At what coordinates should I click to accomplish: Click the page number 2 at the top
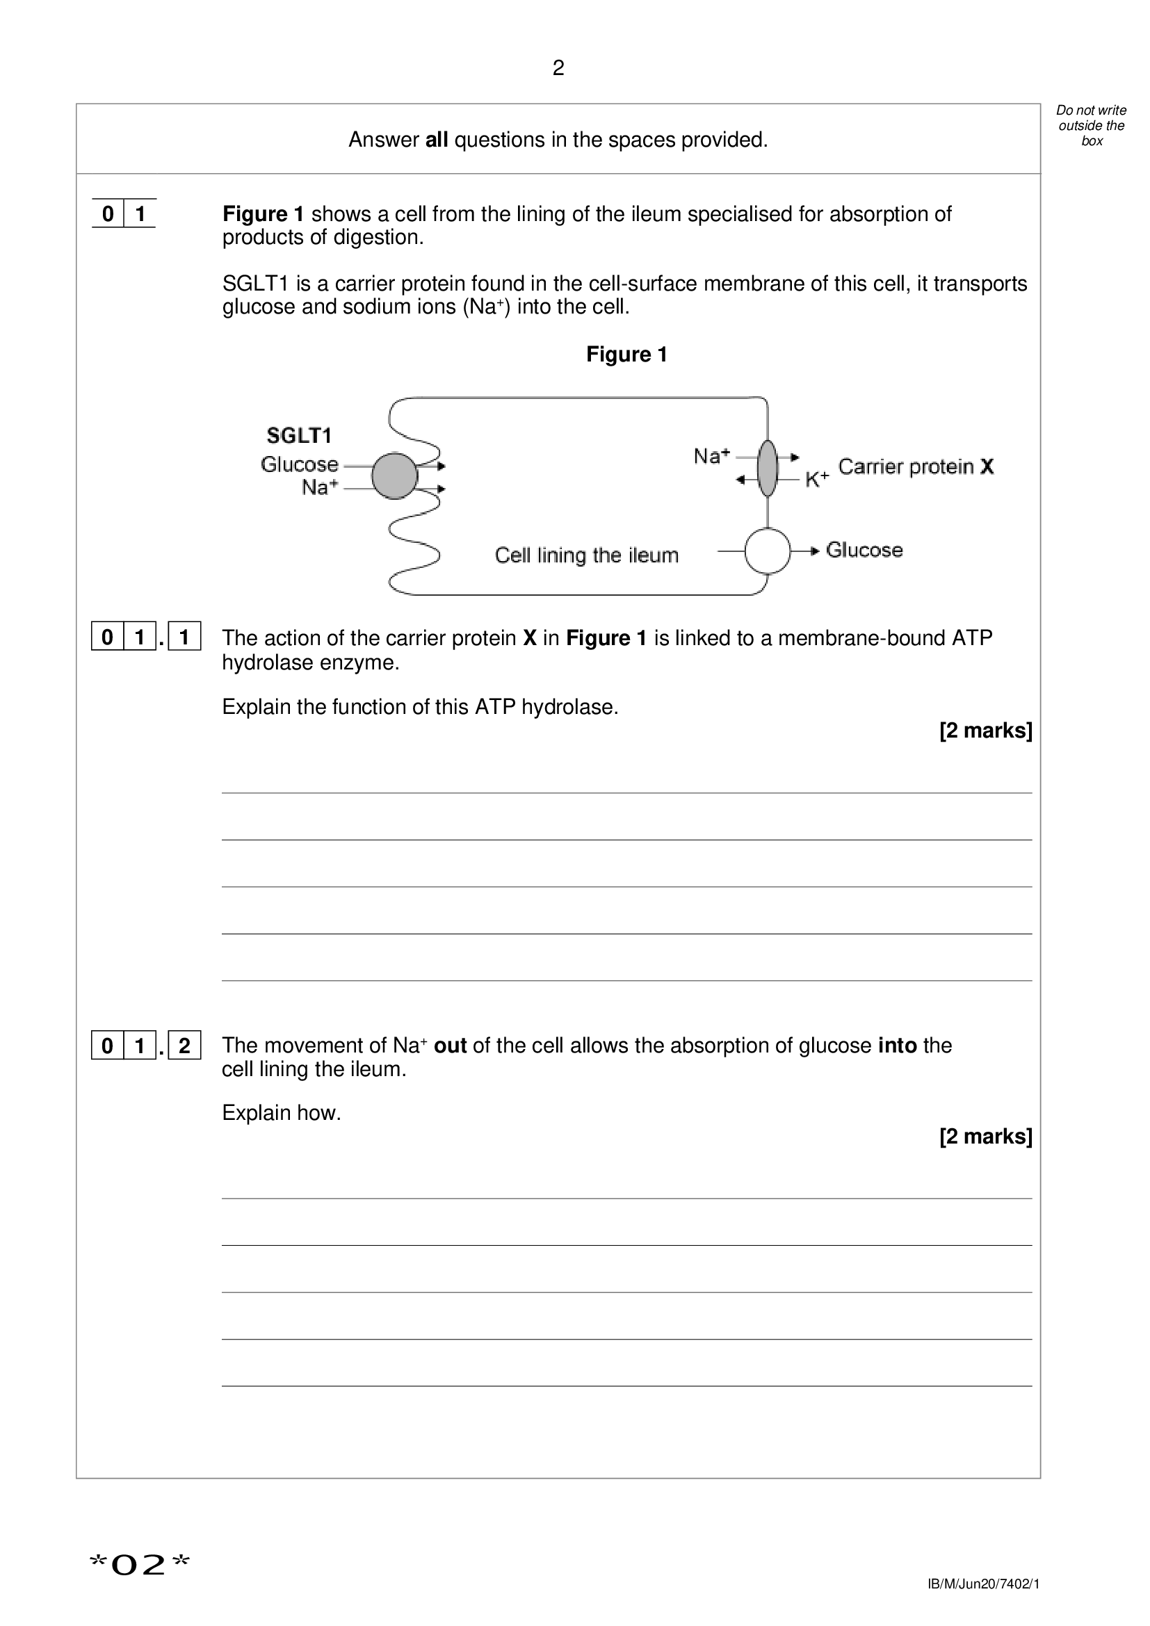[x=558, y=68]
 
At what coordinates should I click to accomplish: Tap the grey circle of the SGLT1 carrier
[x=394, y=476]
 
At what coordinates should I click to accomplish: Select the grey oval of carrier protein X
[x=768, y=468]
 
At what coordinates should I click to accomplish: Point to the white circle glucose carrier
[x=768, y=551]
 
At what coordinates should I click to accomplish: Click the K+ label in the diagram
[x=816, y=480]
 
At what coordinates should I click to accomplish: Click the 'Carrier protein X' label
[x=916, y=466]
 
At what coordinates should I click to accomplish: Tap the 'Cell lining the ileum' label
[x=586, y=555]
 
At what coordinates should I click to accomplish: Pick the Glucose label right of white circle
[x=864, y=551]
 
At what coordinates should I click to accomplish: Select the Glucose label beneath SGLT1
[x=299, y=464]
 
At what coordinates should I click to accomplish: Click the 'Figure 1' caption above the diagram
[x=626, y=354]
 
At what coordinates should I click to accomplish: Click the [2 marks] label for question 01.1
[x=985, y=730]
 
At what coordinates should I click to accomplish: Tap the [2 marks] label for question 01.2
[x=985, y=1137]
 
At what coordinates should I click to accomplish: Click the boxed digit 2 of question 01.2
[x=184, y=1046]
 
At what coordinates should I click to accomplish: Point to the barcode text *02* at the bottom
[x=140, y=1564]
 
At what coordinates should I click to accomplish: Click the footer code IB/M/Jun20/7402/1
[x=983, y=1584]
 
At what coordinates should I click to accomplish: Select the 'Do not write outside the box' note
[x=1090, y=125]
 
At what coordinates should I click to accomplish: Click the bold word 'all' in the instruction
[x=436, y=140]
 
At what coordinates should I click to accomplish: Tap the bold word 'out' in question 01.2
[x=450, y=1046]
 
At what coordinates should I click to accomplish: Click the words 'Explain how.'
[x=281, y=1112]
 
